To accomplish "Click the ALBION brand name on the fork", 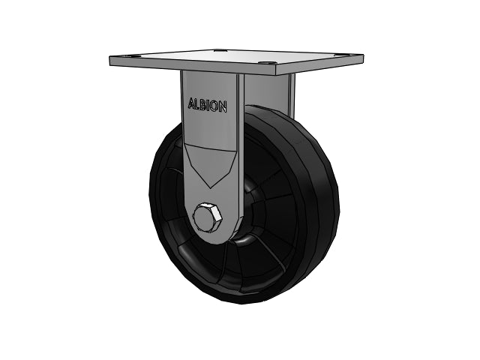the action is click(x=207, y=105).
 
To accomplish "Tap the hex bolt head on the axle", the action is click(x=207, y=217).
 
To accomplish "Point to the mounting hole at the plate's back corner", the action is click(x=220, y=50).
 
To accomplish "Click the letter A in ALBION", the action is click(x=191, y=103).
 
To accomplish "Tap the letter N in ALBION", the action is click(x=223, y=106).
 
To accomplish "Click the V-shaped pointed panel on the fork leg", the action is click(x=210, y=163).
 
